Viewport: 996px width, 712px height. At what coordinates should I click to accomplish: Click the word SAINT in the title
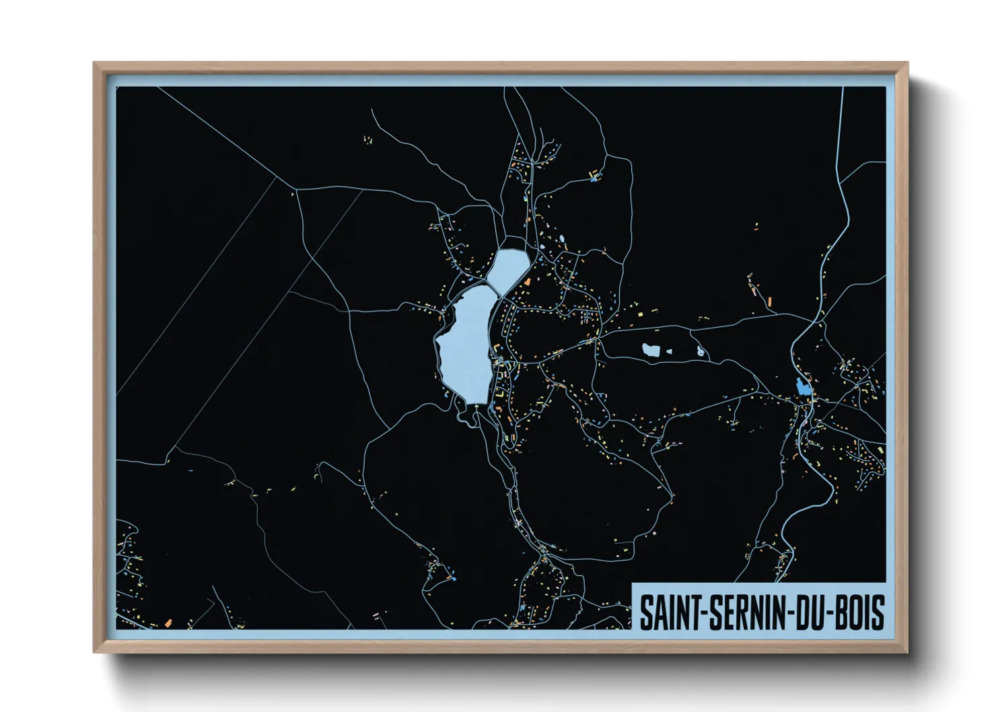668,612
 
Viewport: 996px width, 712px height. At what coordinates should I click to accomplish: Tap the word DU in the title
811,612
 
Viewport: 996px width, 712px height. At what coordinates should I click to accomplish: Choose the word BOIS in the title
861,612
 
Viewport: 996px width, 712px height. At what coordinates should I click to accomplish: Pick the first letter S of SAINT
646,612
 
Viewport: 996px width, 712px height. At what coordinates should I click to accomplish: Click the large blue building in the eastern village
802,386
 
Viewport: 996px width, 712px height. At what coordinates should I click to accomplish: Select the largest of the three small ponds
651,350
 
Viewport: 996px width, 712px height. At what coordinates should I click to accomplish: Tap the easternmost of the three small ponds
701,351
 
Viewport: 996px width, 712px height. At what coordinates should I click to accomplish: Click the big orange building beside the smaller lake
529,281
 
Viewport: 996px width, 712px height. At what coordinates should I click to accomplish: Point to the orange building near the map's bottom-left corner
167,622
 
